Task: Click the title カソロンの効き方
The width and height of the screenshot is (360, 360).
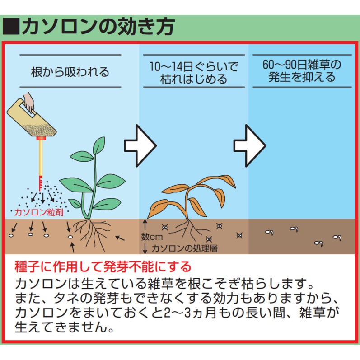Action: click(98, 27)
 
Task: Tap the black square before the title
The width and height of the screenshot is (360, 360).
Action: click(11, 27)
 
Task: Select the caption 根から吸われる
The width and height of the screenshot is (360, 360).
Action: click(70, 72)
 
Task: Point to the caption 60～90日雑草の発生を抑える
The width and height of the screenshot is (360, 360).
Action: click(302, 71)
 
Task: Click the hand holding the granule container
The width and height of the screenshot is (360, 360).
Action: click(28, 102)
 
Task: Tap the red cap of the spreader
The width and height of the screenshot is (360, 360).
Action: click(41, 138)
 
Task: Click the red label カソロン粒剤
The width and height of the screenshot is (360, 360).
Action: click(39, 212)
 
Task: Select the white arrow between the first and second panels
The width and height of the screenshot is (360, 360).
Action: click(140, 146)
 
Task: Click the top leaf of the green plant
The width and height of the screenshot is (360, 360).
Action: click(99, 145)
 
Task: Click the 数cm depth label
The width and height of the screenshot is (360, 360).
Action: click(152, 237)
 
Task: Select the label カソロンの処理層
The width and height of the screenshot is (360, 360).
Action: click(184, 248)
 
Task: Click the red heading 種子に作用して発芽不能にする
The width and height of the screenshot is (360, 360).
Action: click(103, 266)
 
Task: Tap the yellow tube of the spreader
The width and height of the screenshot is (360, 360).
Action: click(41, 158)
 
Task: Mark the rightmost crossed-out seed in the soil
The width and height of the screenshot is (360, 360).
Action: click(239, 235)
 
